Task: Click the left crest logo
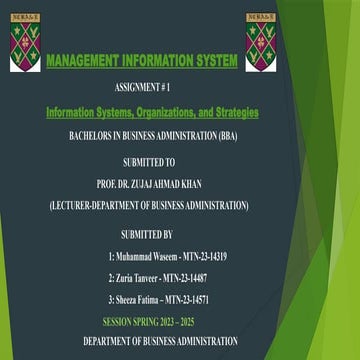(x=25, y=42)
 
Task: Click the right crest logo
(x=261, y=42)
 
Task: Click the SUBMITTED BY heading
(x=146, y=235)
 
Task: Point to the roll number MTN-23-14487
(x=186, y=278)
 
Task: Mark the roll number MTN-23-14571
(x=187, y=300)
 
